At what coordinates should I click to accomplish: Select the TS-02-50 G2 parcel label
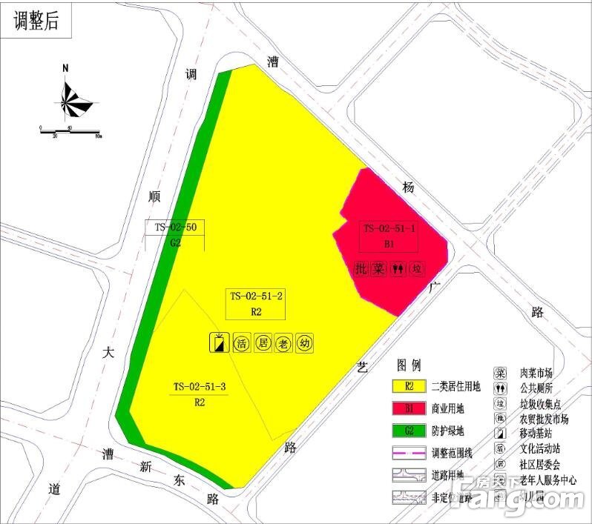[x=175, y=234]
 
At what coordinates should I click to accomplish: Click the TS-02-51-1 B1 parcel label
[x=389, y=236]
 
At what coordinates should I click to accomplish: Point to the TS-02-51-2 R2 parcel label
[x=256, y=303]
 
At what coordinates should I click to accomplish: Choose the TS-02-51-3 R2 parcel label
[x=199, y=394]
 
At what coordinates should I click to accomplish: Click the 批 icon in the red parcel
[x=361, y=268]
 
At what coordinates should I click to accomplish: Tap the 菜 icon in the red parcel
[x=380, y=268]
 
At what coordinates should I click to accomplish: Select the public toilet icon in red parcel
[x=399, y=268]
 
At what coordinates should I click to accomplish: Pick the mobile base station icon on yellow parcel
[x=219, y=343]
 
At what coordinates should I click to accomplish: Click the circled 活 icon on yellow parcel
[x=241, y=343]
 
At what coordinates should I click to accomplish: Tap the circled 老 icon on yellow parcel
[x=283, y=343]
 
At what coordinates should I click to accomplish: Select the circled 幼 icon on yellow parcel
[x=303, y=343]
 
